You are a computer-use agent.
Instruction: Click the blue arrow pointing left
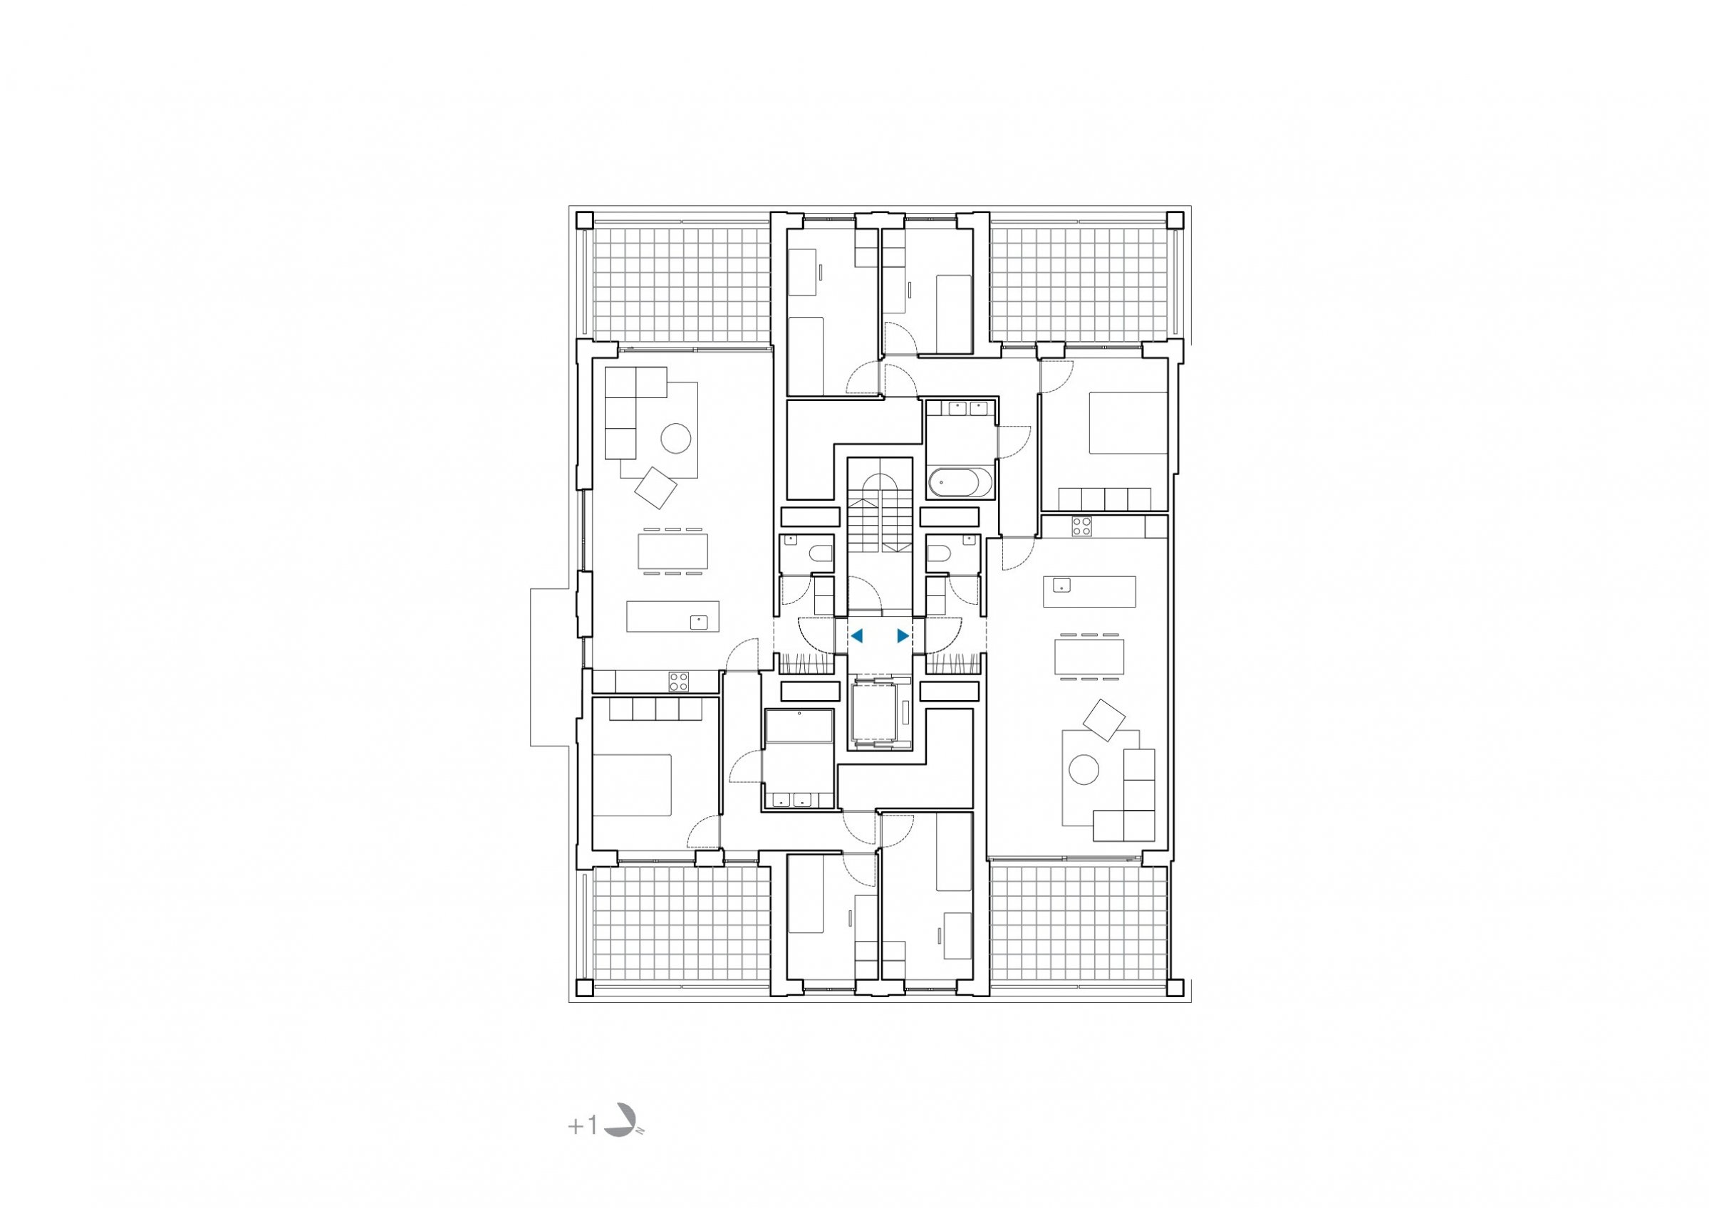click(x=857, y=635)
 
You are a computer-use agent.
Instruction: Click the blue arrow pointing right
click(x=903, y=635)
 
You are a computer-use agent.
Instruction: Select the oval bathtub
click(x=960, y=482)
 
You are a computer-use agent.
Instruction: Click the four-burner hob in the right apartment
click(x=1081, y=526)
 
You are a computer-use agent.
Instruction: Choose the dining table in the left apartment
click(x=152, y=551)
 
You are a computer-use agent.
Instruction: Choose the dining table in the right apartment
click(x=1089, y=656)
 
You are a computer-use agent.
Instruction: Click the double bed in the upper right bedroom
click(x=1128, y=423)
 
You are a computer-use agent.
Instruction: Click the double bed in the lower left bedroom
click(x=632, y=785)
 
